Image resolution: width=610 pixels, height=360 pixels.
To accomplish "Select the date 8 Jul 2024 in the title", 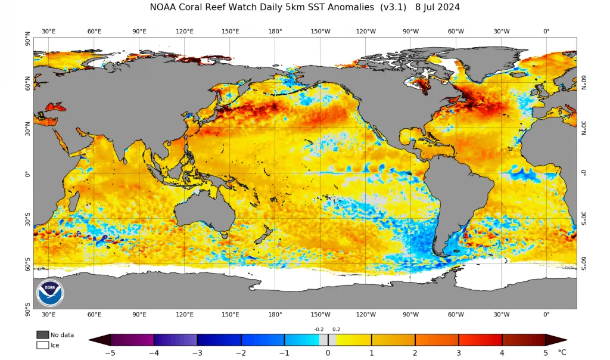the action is [437, 7].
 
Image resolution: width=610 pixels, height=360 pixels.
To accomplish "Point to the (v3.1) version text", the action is [393, 7].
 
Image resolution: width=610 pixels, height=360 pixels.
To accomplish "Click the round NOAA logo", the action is [50, 293].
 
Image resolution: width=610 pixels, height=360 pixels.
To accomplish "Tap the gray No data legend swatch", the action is [42, 335].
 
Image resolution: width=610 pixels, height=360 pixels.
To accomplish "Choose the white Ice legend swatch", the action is [42, 345].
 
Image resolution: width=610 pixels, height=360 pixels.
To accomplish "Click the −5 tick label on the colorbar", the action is [110, 353].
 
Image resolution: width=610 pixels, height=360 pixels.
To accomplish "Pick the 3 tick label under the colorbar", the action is [458, 353].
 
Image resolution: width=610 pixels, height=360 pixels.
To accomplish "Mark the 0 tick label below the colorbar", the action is [328, 353].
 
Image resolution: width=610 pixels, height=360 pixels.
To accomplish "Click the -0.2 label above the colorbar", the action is [319, 329].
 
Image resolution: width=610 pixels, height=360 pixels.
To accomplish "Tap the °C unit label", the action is [562, 352].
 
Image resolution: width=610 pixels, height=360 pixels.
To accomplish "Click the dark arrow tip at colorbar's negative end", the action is [89, 340].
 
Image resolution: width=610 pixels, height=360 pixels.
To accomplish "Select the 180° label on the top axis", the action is [275, 31].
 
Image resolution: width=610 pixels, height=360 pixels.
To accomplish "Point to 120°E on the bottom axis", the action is [185, 315].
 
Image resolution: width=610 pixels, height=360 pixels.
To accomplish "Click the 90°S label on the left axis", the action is [27, 309].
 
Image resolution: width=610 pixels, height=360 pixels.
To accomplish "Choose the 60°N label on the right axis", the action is [584, 82].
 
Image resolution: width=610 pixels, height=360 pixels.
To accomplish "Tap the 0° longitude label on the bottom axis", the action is [546, 315].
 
